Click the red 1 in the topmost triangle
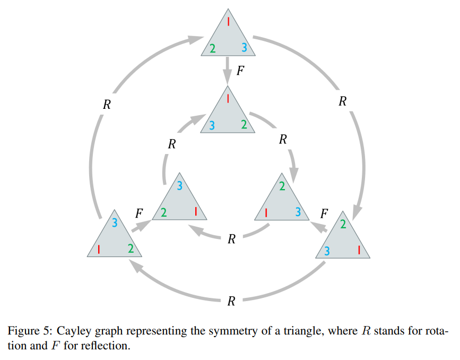[x=228, y=22]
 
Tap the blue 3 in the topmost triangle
[x=244, y=48]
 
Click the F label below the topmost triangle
[x=240, y=71]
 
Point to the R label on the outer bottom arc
[x=231, y=302]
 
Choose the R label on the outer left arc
[x=107, y=105]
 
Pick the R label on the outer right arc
[x=343, y=101]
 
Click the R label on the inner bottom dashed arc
[x=231, y=239]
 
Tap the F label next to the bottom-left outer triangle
[x=139, y=213]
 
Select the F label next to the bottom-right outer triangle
[x=324, y=213]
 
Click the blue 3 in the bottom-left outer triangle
[x=115, y=223]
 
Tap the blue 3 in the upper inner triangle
[x=212, y=125]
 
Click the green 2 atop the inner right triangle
[x=282, y=186]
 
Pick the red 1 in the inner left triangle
[x=196, y=211]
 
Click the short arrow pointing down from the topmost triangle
[x=228, y=70]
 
